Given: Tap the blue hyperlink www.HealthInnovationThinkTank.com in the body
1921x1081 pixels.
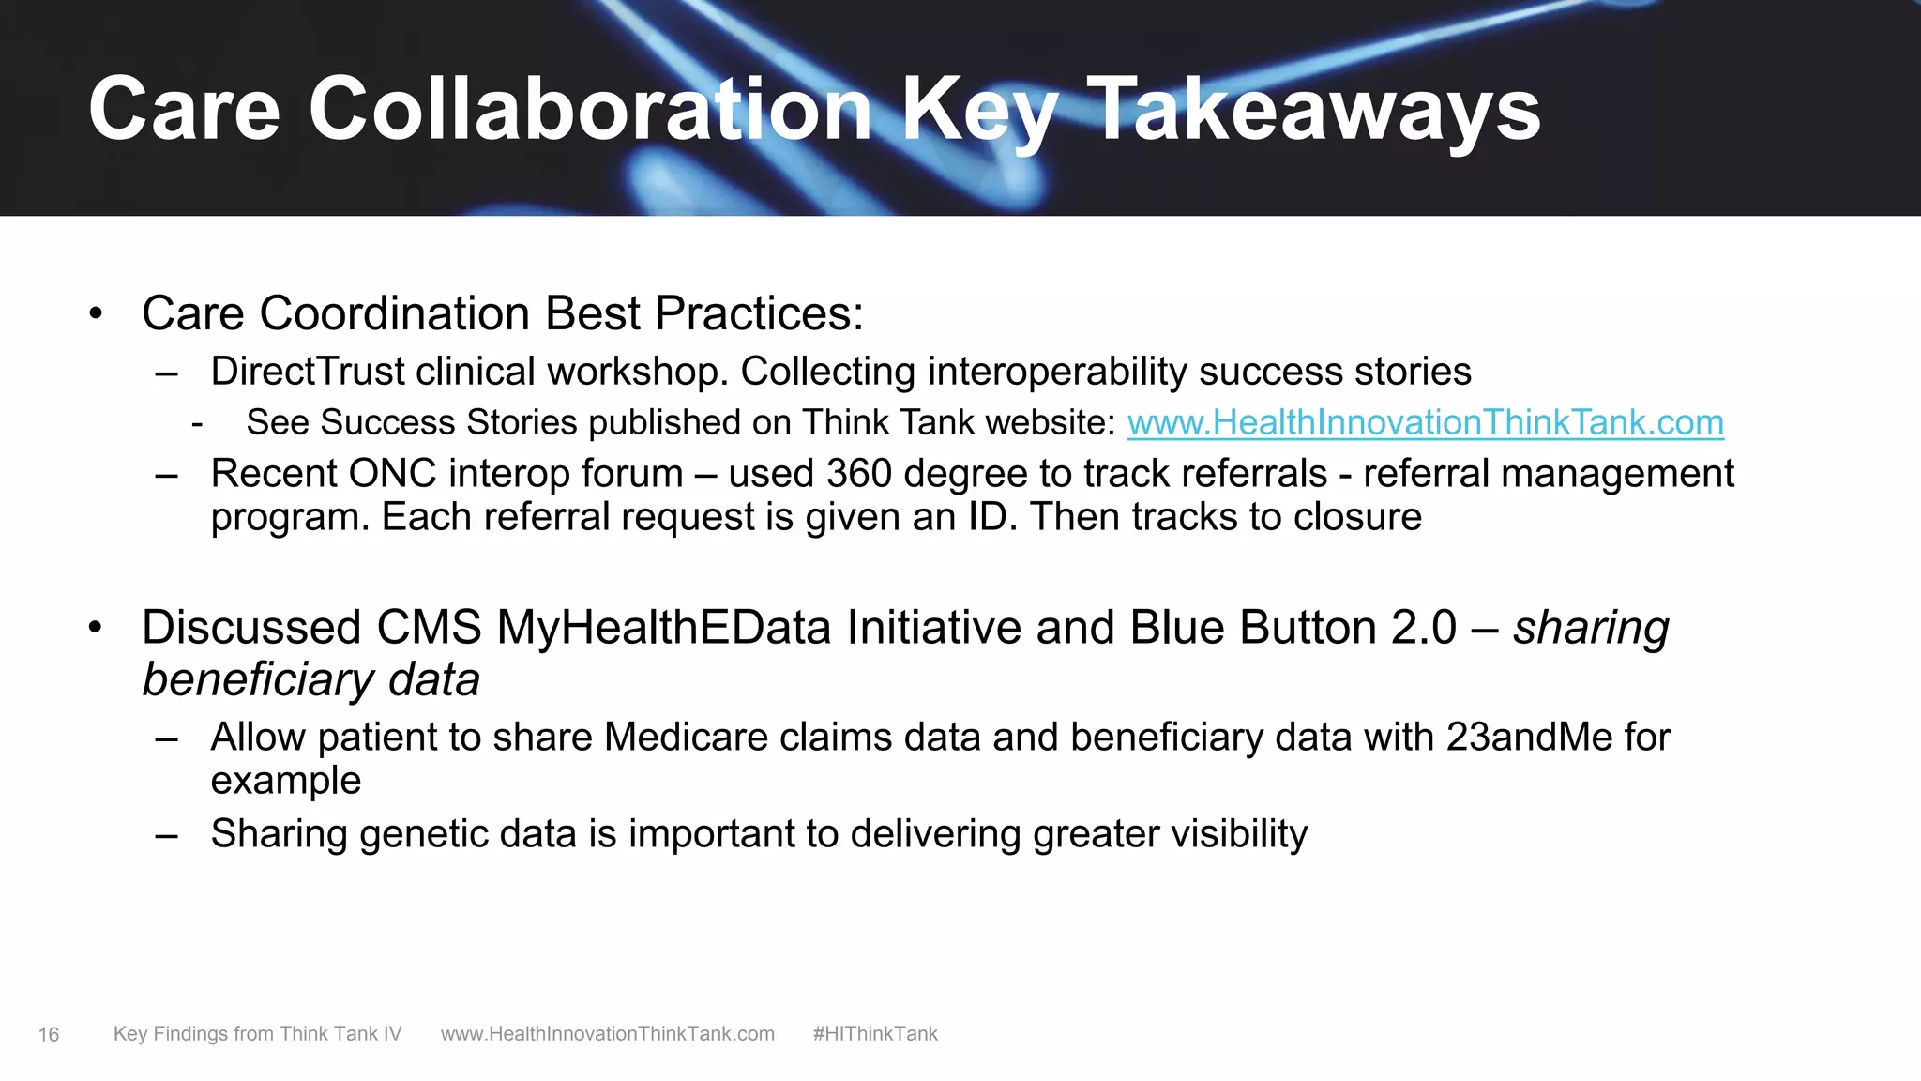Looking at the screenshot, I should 1425,423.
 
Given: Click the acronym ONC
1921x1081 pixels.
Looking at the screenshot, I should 392,474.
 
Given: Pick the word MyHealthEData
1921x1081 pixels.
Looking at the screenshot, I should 663,628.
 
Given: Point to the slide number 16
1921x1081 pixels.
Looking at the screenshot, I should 49,1035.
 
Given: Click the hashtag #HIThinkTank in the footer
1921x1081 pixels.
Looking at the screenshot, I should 875,1034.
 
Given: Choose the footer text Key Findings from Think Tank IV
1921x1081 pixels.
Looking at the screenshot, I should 257,1034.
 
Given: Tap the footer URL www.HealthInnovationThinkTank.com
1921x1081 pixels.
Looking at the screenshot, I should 608,1034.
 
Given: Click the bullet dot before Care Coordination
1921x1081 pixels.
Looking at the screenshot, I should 96,314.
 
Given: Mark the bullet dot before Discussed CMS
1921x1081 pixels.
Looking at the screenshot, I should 96,629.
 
